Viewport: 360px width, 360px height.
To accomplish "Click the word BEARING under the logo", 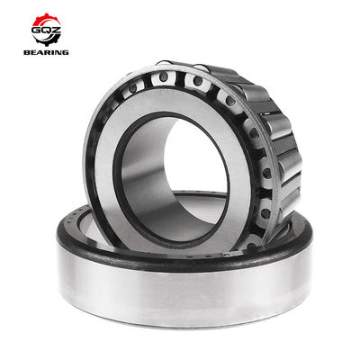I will [46, 52].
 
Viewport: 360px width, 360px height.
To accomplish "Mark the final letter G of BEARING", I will [65, 52].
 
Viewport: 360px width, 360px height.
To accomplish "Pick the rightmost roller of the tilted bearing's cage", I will [291, 166].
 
